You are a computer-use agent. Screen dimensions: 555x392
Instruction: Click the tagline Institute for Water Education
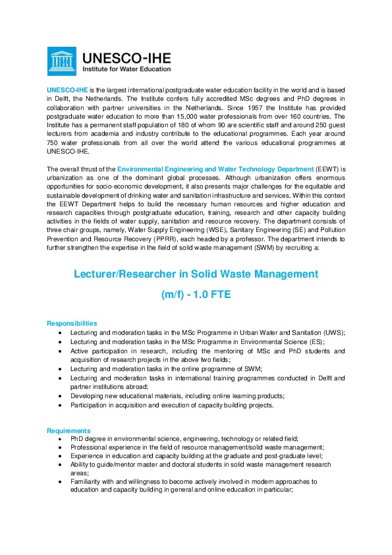pos(126,69)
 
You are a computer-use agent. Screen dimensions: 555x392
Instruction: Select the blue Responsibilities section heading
pos(72,324)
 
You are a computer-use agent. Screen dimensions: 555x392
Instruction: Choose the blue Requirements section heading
pos(69,430)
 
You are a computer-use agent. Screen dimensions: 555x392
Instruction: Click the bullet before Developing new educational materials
pos(61,395)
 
